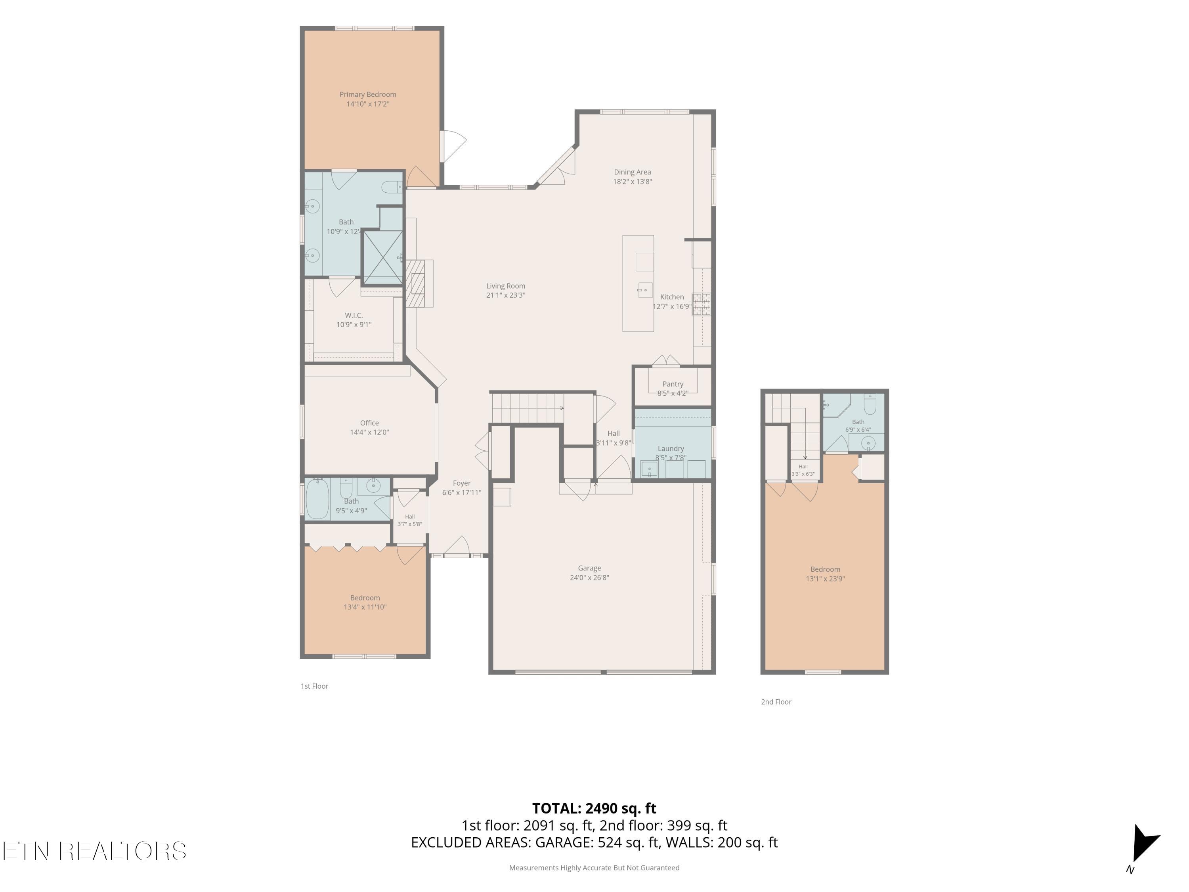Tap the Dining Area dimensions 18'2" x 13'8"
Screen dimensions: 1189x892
tap(632, 182)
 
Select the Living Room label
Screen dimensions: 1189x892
tap(506, 286)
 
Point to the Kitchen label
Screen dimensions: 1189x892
tap(672, 297)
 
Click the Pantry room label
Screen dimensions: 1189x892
tap(673, 384)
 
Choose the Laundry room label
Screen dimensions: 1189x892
tap(671, 448)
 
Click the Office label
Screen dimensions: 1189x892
tap(369, 423)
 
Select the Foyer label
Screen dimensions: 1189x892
tap(462, 483)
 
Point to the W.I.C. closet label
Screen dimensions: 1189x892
tap(354, 315)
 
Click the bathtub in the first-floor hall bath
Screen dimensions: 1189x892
tap(317, 498)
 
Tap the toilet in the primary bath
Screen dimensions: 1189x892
tap(391, 187)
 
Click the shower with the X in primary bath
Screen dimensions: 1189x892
tap(383, 257)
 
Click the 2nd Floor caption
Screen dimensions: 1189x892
tap(776, 702)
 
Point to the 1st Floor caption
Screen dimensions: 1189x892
tap(314, 686)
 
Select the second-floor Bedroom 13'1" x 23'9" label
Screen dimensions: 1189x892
tap(825, 574)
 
